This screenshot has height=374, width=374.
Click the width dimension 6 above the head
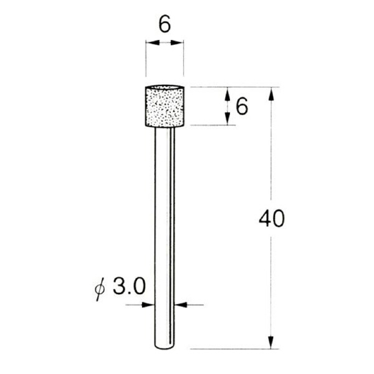click(x=165, y=25)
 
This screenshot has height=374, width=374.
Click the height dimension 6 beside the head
click(x=242, y=107)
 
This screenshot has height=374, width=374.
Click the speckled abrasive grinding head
click(x=165, y=107)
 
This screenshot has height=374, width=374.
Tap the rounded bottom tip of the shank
click(x=165, y=347)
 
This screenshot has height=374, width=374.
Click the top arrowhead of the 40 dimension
click(x=271, y=93)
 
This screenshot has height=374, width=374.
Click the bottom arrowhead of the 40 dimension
click(x=271, y=343)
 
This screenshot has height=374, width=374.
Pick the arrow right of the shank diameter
click(x=180, y=305)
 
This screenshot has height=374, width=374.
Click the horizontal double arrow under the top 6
click(x=165, y=42)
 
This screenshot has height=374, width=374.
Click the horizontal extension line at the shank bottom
click(x=231, y=349)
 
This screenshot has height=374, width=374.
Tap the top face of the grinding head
click(x=165, y=87)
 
